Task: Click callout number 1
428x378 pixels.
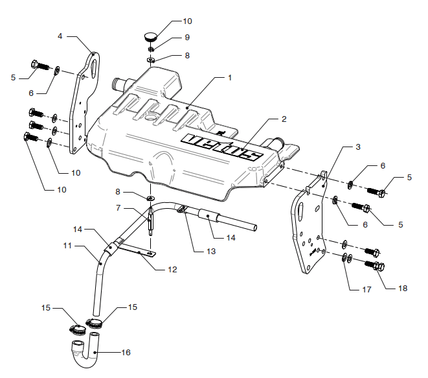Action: click(x=230, y=78)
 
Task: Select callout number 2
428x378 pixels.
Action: click(x=284, y=119)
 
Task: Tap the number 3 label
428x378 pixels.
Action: click(x=358, y=147)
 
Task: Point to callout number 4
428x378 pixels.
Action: click(x=60, y=36)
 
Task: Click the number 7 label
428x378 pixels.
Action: click(x=118, y=208)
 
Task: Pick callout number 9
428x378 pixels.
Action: click(x=187, y=37)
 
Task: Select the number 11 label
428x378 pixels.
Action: click(x=67, y=246)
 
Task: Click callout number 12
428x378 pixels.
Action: click(x=172, y=270)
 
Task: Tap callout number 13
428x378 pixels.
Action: click(x=211, y=251)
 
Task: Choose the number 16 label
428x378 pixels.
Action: click(x=126, y=352)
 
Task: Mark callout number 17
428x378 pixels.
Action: click(x=367, y=289)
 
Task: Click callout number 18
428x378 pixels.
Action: click(x=403, y=289)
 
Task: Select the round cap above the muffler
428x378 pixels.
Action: click(x=150, y=37)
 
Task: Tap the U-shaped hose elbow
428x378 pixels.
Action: click(x=85, y=352)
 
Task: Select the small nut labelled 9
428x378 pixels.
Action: click(x=151, y=49)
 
